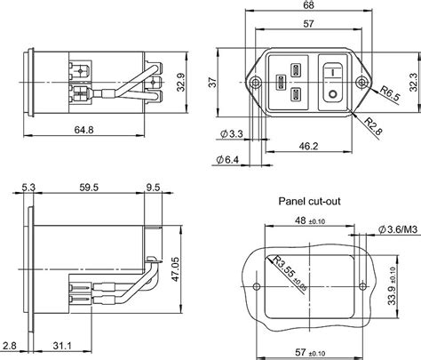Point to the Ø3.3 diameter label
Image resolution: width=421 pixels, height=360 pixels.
(229, 134)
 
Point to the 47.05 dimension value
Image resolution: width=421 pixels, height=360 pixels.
(175, 268)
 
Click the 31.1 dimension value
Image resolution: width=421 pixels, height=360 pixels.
(61, 345)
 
